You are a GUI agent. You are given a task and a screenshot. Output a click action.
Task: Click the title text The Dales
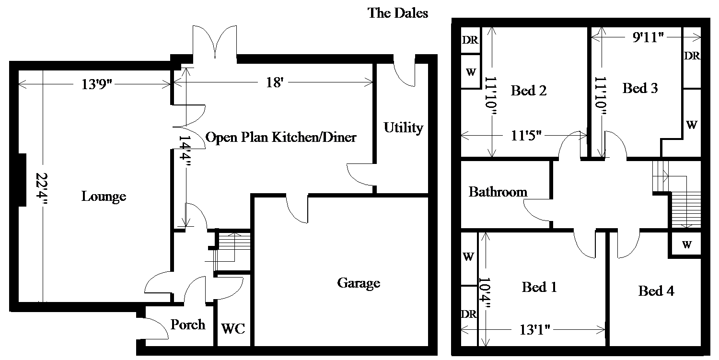point(398,13)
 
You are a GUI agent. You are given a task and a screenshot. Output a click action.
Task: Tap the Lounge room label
point(104,197)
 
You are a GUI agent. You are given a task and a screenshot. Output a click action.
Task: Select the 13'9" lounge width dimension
point(97,85)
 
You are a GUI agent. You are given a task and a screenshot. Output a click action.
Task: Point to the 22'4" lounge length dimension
point(44,189)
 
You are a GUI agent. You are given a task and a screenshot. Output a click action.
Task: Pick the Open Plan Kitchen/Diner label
point(281,138)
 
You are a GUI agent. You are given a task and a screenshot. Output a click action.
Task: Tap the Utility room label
point(404,128)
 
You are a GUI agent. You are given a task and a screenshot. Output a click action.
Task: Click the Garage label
point(359,283)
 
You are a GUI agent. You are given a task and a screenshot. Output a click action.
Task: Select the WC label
point(233,329)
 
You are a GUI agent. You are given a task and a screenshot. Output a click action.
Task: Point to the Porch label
point(188,325)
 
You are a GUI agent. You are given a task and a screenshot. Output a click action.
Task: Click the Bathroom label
point(498,192)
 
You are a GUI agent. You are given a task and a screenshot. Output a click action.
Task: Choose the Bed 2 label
point(529,90)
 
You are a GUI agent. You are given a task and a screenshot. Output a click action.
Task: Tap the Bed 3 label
point(640,88)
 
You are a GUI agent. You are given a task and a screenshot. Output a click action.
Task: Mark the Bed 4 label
point(656,291)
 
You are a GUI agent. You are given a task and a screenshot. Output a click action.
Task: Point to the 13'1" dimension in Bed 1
point(534,329)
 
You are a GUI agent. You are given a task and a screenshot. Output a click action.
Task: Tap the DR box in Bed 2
point(470,40)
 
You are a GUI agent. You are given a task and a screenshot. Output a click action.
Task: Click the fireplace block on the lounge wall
point(22,180)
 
